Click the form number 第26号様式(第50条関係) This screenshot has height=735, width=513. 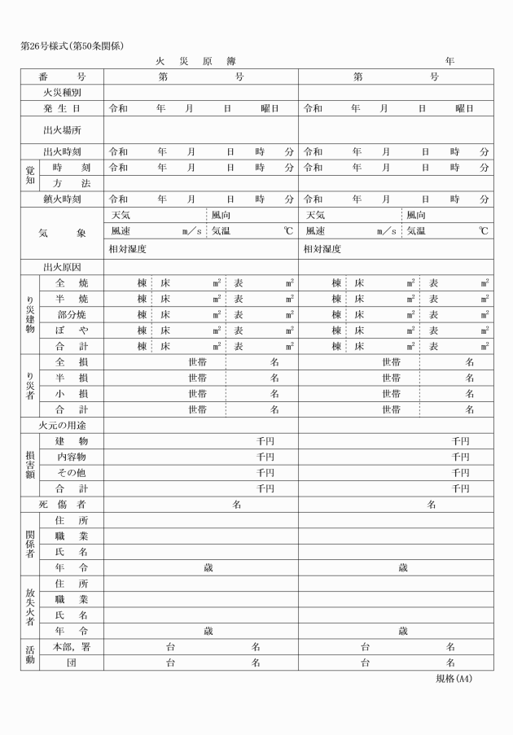72,46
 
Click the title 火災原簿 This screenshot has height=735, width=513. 195,62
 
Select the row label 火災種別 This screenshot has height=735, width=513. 62,93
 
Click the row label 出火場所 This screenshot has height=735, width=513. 62,129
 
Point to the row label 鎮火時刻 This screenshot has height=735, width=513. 62,199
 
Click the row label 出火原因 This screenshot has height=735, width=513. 62,267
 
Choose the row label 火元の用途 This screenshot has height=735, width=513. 62,425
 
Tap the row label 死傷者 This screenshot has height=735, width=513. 62,505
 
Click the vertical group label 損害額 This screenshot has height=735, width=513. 30,465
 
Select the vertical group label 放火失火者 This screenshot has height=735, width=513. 30,607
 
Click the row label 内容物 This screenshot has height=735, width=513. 72,457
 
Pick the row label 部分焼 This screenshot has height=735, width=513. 72,314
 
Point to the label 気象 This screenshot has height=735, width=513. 62,233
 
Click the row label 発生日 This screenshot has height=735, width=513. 62,108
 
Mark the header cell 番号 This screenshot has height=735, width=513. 62,77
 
